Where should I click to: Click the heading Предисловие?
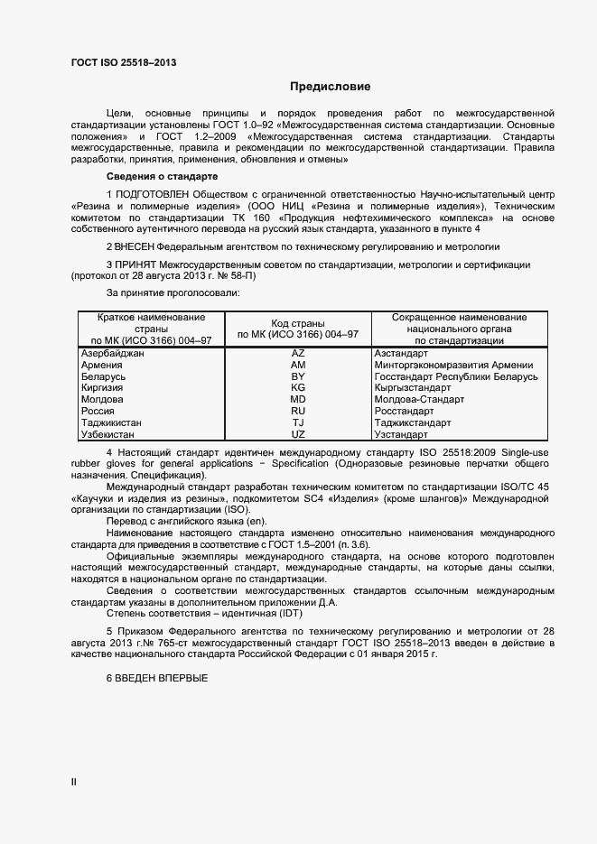(x=330, y=87)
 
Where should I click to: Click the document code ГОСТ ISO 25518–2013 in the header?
(x=124, y=62)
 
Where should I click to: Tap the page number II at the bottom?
(x=74, y=783)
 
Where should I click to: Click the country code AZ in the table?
(x=298, y=353)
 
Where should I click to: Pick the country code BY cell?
(x=298, y=376)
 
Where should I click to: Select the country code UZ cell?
(x=298, y=434)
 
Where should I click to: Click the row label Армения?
(x=102, y=365)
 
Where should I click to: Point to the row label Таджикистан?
(x=111, y=422)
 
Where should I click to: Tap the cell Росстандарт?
(x=401, y=411)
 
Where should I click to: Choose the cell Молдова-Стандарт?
(x=418, y=399)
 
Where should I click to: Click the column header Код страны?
(x=298, y=322)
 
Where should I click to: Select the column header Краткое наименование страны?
(x=151, y=322)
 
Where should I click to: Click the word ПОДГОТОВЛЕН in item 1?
(x=154, y=194)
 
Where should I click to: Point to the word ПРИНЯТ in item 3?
(x=136, y=264)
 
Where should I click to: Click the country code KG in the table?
(x=298, y=387)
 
